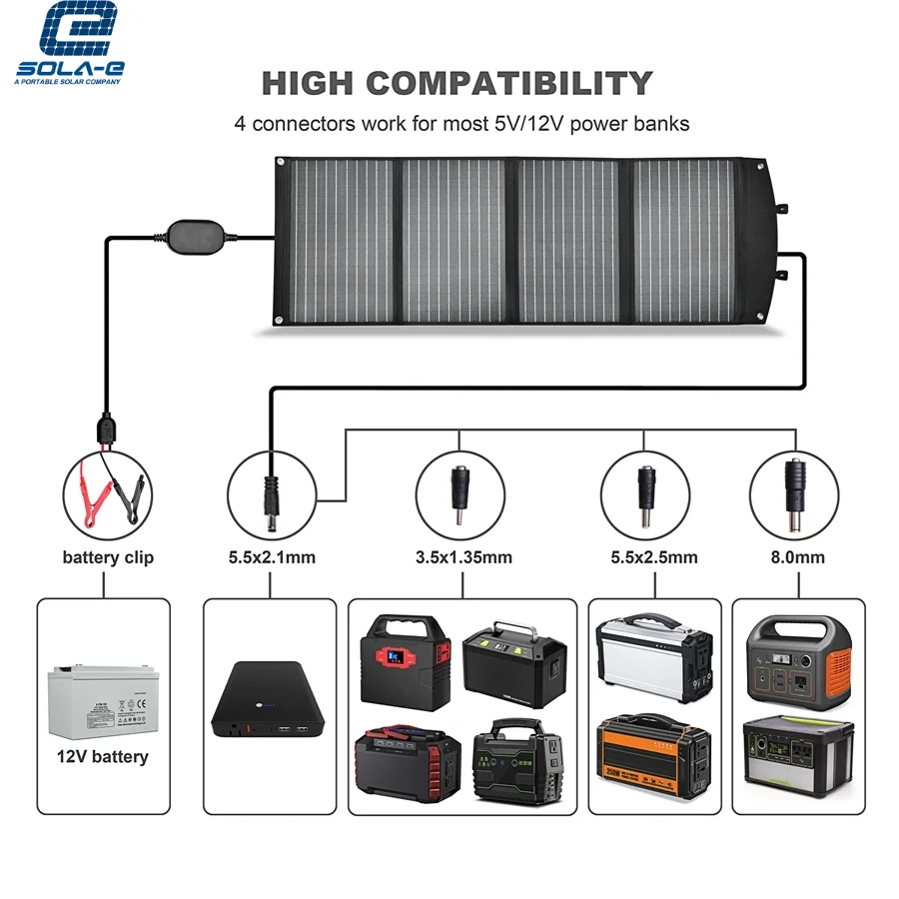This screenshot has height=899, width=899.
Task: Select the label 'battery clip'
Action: [108, 557]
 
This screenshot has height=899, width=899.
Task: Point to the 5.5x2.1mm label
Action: [271, 557]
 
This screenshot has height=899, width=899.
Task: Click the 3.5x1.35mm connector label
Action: [459, 557]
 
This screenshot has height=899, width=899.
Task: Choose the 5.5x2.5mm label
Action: [645, 557]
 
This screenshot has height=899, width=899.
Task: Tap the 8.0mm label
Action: [795, 557]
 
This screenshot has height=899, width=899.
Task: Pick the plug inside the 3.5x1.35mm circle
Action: [459, 493]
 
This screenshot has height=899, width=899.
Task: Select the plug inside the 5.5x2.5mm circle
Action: [645, 493]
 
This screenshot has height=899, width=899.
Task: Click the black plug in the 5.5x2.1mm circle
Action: [271, 493]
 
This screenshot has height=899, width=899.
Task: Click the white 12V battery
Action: [100, 699]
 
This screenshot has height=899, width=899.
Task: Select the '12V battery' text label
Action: [103, 756]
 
